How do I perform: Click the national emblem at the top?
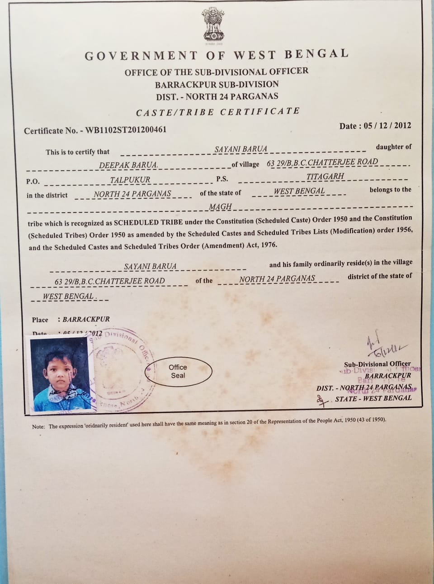click(213, 25)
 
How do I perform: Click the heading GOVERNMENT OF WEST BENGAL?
click(217, 55)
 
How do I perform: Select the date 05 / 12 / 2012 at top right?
click(387, 125)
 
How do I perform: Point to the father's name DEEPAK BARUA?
click(128, 165)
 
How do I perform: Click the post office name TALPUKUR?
click(130, 180)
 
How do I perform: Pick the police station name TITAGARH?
click(325, 176)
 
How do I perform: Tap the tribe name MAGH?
click(220, 207)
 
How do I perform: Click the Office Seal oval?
click(178, 371)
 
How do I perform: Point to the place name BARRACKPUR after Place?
click(86, 319)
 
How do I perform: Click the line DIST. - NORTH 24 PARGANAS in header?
click(217, 96)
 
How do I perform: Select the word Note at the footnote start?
click(38, 426)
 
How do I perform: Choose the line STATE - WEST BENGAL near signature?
click(373, 398)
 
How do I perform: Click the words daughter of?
click(393, 147)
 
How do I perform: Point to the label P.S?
click(222, 179)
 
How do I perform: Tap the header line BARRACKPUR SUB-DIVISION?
click(217, 84)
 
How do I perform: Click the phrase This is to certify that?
click(77, 152)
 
